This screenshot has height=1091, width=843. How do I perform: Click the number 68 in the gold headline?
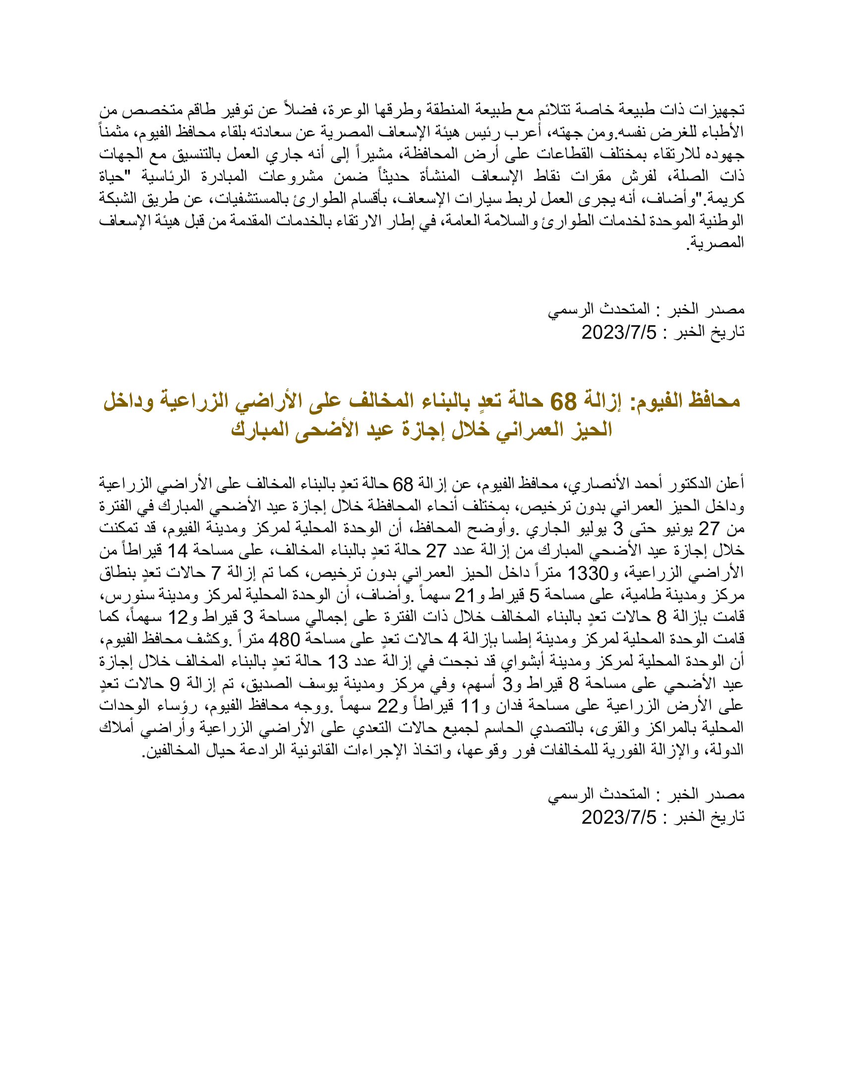(x=563, y=401)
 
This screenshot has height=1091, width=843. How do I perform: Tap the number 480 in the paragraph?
(x=284, y=639)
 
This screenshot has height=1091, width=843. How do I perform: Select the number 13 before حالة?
(x=338, y=662)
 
